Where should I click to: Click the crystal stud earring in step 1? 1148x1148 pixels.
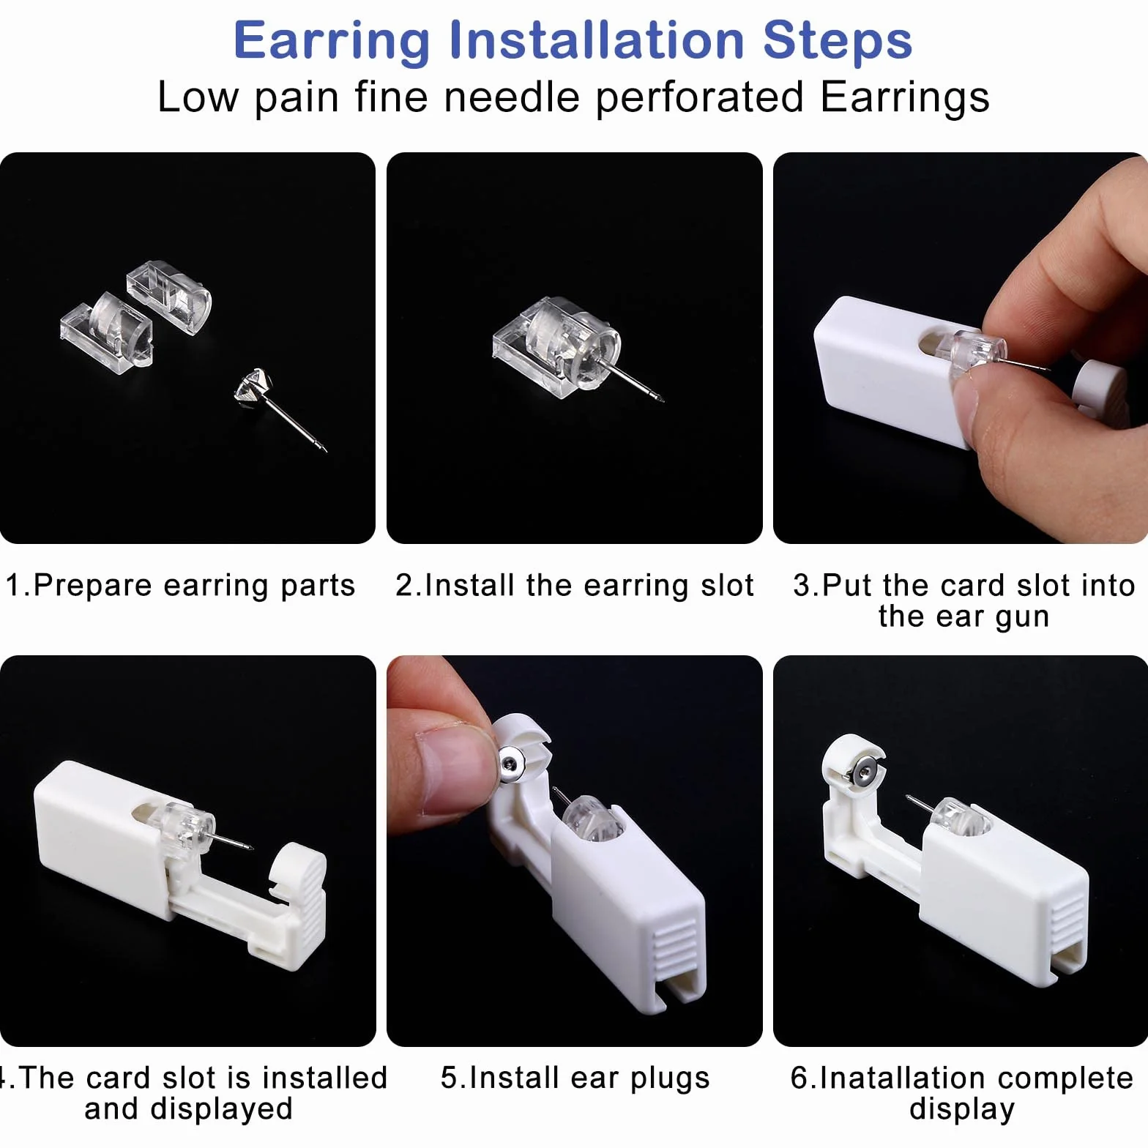tap(279, 407)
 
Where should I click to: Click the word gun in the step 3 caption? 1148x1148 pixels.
tap(1021, 617)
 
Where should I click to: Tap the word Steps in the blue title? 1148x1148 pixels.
tap(838, 40)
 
